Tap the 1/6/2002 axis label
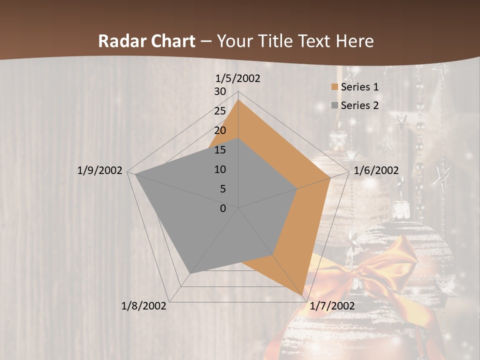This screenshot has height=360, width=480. pos(376,170)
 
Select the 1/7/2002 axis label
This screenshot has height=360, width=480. pos(332,306)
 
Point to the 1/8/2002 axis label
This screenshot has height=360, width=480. pos(144,306)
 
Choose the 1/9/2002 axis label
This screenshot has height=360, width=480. pos(99,170)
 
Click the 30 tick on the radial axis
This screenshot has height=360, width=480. pos(220,91)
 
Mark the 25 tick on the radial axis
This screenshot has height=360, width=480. pos(220,111)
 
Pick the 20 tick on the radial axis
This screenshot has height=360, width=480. pos(220,130)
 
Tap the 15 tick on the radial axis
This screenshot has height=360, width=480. pos(220,150)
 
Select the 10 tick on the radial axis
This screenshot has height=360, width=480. pos(220,169)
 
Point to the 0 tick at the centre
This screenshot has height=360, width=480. pos(223,208)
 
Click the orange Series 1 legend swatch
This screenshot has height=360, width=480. pos(334,87)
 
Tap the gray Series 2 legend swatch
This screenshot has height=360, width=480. pos(334,105)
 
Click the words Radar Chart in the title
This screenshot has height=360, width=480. pos(146,41)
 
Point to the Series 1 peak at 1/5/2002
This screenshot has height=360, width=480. pos(238,100)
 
